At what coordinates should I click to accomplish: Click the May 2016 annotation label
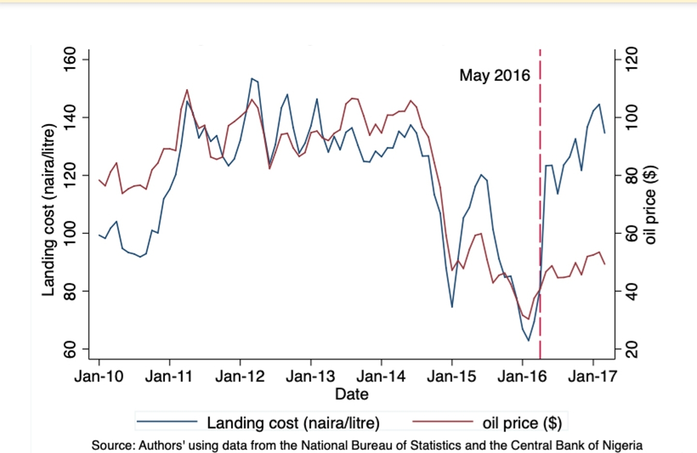point(495,75)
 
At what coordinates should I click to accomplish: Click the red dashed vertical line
point(540,194)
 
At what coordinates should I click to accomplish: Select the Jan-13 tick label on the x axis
point(310,376)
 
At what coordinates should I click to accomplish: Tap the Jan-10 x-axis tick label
point(99,376)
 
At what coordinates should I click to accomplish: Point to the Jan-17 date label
point(592,376)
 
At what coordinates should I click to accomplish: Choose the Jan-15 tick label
point(451,376)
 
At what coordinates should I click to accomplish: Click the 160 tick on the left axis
point(71,59)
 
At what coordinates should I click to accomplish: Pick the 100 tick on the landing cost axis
point(71,233)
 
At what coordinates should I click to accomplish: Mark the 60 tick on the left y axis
point(71,349)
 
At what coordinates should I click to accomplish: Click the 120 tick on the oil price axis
point(632,59)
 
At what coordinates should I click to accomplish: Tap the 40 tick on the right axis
point(632,291)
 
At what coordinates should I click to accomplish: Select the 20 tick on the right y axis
point(632,349)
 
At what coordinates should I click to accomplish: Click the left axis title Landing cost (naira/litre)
point(48,209)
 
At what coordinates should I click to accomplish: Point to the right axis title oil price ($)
point(651,204)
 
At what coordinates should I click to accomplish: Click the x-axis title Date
point(352,394)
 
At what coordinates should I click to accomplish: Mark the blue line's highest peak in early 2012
point(252,78)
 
